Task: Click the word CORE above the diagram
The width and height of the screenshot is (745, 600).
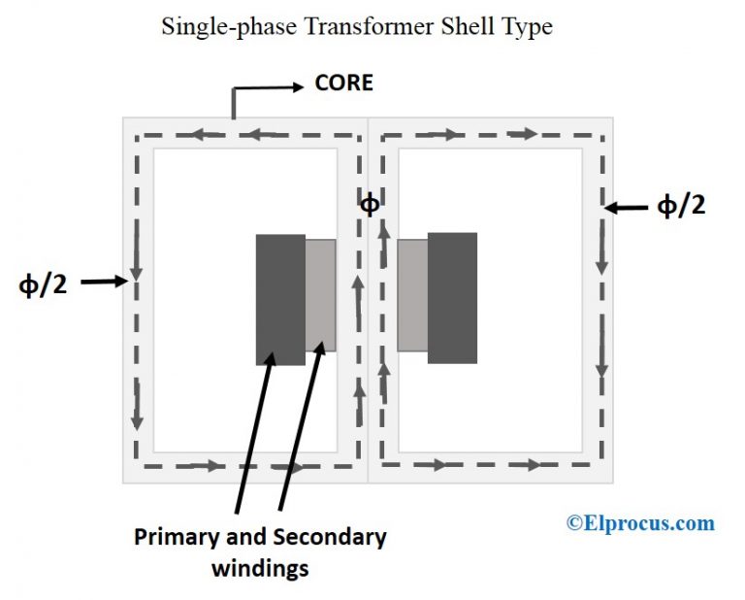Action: tap(343, 83)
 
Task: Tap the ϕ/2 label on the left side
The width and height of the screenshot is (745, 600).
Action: tap(43, 284)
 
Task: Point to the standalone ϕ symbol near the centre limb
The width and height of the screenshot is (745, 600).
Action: tap(369, 205)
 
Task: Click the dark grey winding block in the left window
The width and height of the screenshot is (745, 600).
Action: tap(280, 299)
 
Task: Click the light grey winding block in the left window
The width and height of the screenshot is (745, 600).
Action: tap(320, 295)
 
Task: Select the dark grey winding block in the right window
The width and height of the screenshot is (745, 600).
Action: tap(452, 298)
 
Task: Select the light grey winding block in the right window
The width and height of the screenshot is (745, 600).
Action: tap(412, 295)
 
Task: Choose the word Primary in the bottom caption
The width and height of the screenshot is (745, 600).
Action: tap(174, 537)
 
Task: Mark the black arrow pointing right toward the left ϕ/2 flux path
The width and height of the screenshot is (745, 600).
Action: tap(104, 283)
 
